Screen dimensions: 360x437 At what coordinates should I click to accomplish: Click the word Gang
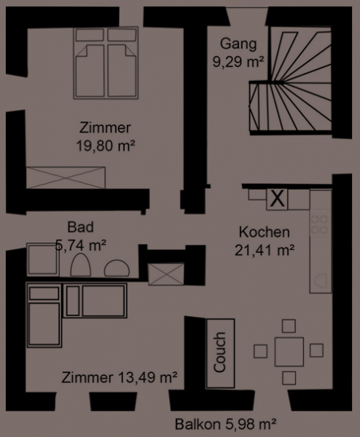click(238, 44)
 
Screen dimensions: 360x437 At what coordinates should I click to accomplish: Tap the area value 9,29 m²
click(238, 61)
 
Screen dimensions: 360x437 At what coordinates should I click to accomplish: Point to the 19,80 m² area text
click(106, 146)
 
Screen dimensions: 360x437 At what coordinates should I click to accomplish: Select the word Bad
click(81, 227)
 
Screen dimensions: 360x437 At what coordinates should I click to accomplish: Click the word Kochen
click(265, 232)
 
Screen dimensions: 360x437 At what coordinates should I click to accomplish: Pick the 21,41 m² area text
click(265, 250)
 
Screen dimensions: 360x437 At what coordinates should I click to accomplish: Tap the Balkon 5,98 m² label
click(226, 424)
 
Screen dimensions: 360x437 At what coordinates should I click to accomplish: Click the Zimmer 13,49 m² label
click(120, 377)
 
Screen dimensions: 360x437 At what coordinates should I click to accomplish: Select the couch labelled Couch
click(220, 353)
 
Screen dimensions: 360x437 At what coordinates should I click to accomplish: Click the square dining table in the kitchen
click(289, 352)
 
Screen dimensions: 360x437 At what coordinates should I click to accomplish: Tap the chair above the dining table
click(289, 326)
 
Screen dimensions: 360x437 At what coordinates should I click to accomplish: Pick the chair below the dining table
click(289, 378)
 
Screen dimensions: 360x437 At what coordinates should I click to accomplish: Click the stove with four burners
click(320, 224)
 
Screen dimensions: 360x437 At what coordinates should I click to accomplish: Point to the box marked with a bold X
click(277, 199)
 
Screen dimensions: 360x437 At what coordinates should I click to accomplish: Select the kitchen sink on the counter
click(321, 280)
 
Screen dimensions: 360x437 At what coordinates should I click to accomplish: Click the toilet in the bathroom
click(81, 265)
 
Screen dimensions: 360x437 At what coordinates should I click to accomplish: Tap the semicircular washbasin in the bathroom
click(117, 268)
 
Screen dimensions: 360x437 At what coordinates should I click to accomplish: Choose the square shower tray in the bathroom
click(43, 260)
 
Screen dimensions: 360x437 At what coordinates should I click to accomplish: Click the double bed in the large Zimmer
click(106, 63)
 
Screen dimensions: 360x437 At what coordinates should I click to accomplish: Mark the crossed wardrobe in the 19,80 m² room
click(66, 178)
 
